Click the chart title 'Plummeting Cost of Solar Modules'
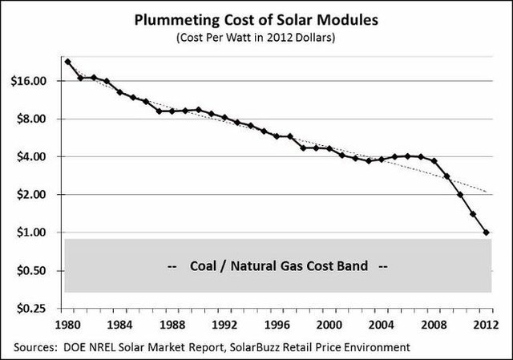point(256,20)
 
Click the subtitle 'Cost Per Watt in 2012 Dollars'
point(256,37)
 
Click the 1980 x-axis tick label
point(68,324)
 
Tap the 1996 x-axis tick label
point(277,324)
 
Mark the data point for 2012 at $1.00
point(486,233)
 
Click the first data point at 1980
point(68,62)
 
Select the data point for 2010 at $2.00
point(460,195)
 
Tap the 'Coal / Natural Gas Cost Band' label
point(277,265)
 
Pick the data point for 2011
point(473,214)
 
